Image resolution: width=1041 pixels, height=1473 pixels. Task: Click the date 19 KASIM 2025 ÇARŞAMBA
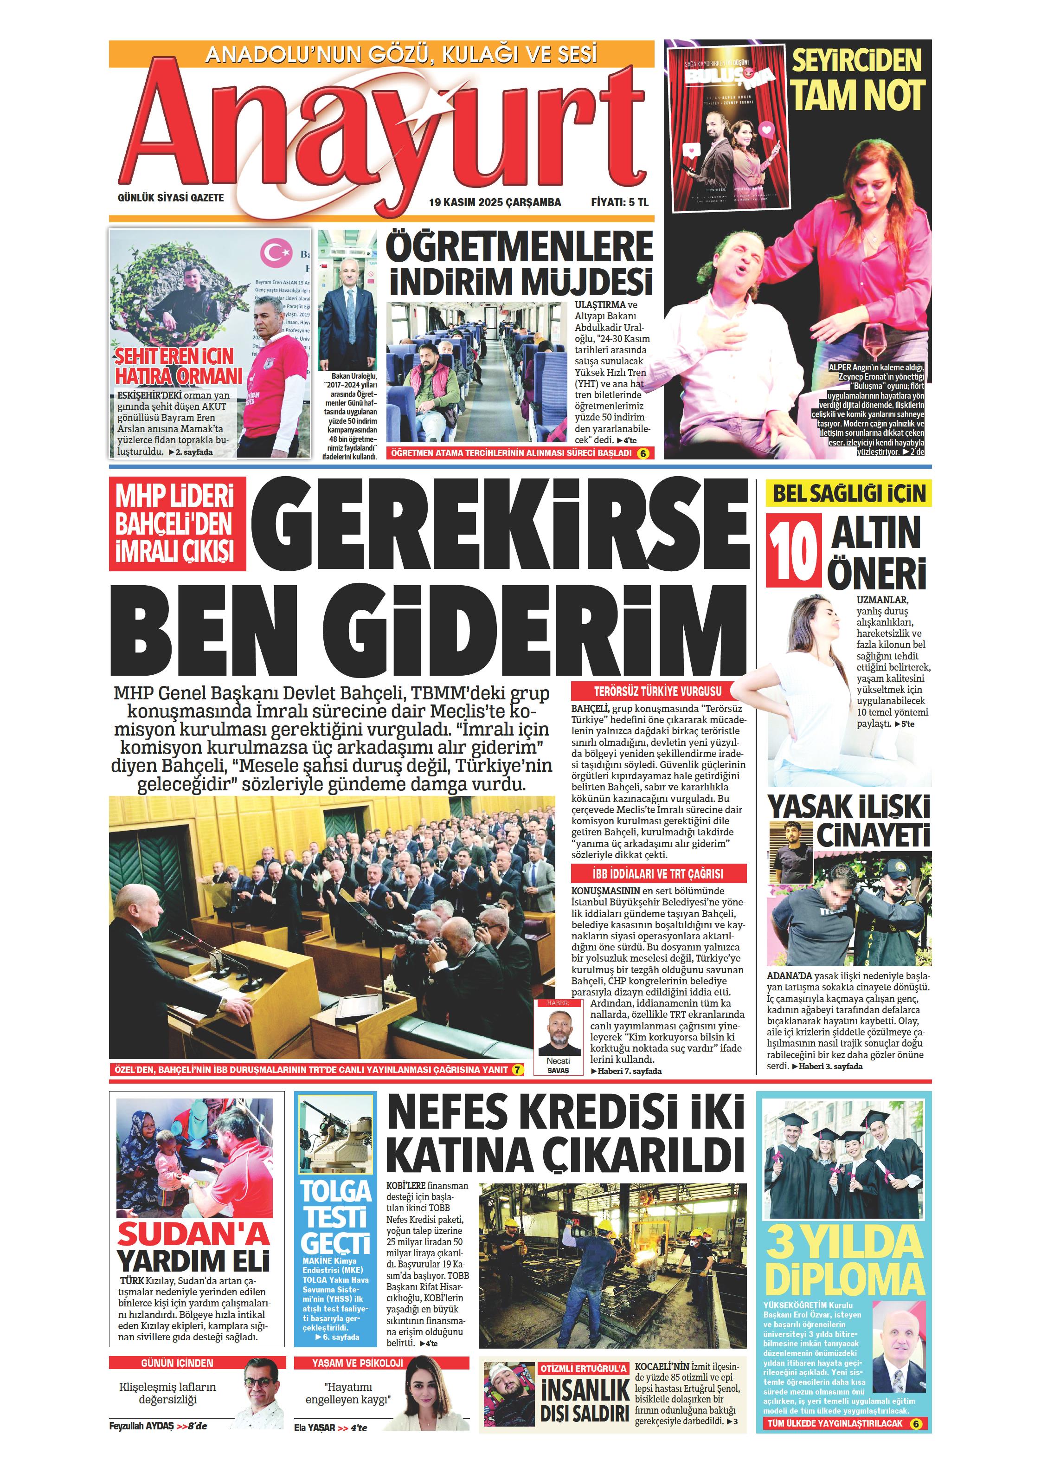495,202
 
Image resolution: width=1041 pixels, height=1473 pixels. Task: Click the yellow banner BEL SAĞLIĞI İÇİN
848,493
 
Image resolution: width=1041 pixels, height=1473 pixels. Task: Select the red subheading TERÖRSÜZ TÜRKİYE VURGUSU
657,691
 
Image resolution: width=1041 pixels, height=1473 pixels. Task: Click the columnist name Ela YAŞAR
315,1428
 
